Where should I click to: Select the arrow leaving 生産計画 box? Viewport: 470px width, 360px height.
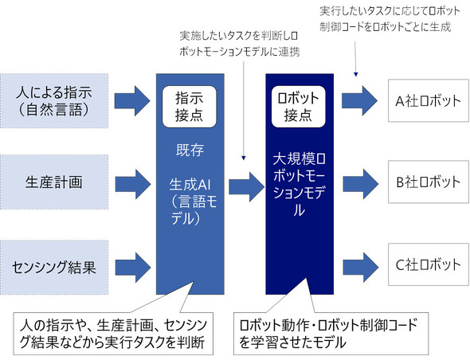click(x=131, y=182)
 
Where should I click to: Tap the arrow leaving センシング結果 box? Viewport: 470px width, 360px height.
click(x=131, y=264)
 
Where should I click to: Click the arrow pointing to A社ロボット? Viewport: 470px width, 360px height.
click(x=359, y=100)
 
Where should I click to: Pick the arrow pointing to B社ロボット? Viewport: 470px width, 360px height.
click(x=359, y=182)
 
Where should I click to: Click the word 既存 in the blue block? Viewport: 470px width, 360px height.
click(x=190, y=149)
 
